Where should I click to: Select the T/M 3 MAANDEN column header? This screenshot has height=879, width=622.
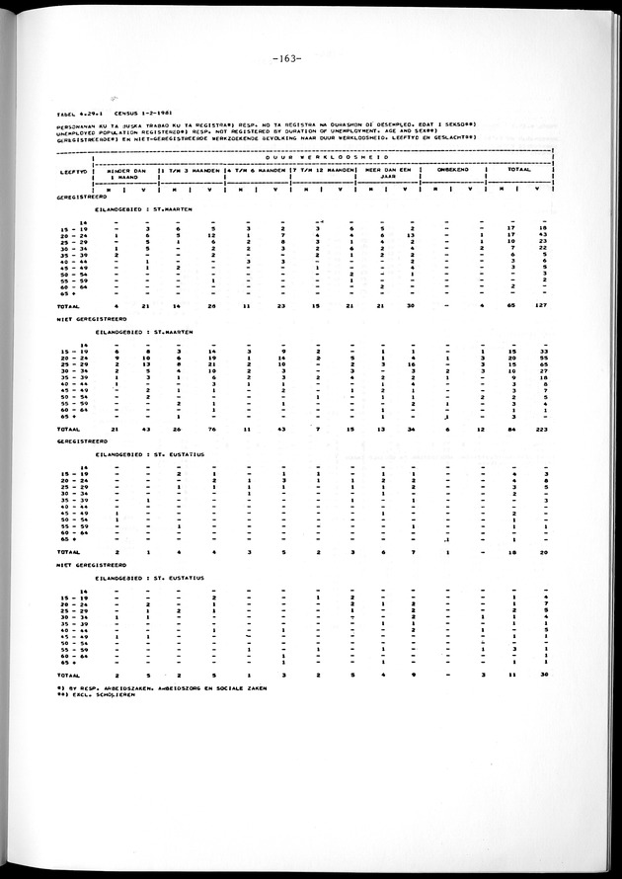coord(192,169)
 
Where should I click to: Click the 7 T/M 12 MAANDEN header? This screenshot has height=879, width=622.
coord(321,169)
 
